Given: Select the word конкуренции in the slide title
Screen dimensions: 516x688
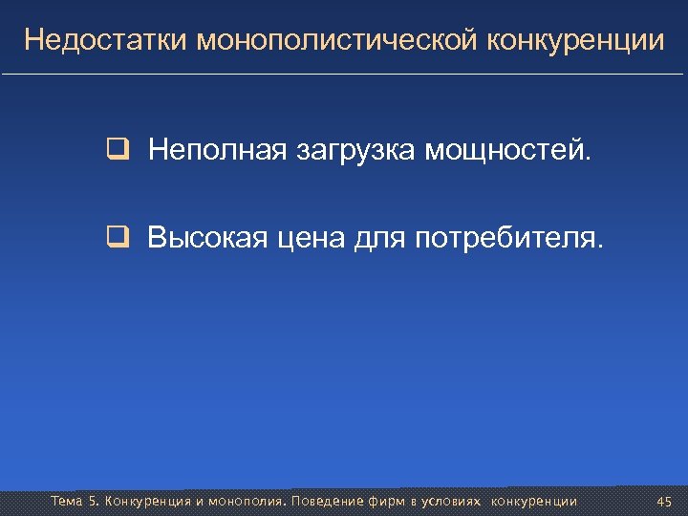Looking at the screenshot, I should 576,40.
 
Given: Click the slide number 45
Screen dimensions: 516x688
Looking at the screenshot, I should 665,502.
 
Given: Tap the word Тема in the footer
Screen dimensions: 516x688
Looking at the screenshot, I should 67,502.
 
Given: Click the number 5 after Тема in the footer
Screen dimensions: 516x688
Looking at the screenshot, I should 93,502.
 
